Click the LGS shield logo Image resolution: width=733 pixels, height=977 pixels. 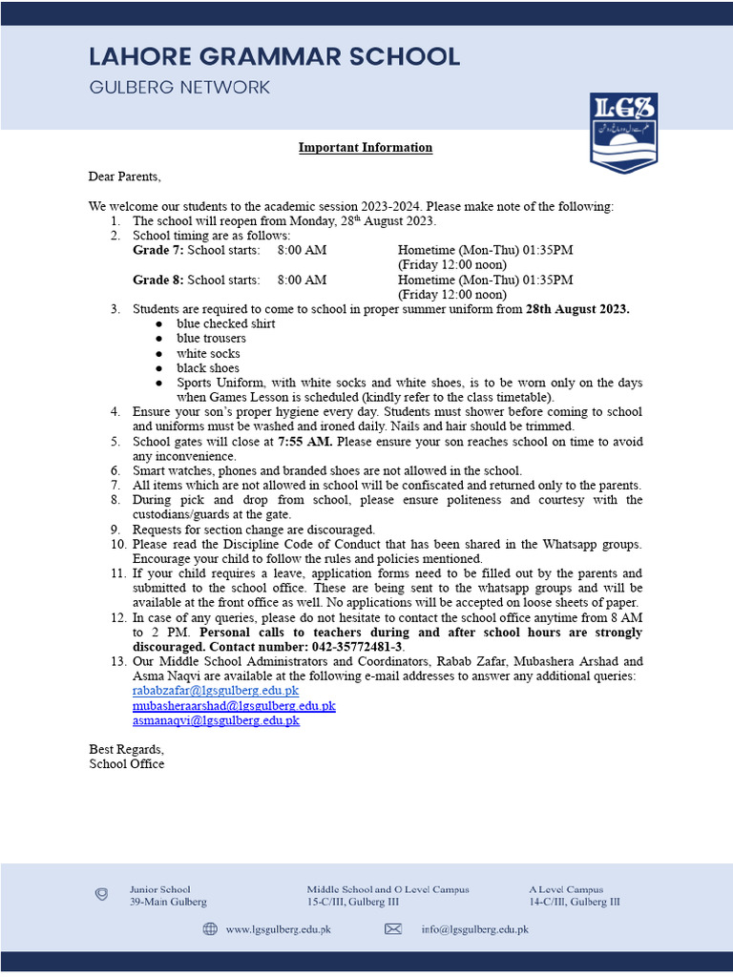[623, 133]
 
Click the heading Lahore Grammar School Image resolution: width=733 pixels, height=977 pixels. [275, 56]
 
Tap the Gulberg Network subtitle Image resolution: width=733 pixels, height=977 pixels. [179, 88]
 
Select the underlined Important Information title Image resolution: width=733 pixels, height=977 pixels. [366, 148]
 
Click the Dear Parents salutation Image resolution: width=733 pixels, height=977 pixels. [125, 177]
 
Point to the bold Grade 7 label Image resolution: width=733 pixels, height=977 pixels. [157, 250]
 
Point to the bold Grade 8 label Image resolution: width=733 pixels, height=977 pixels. [157, 280]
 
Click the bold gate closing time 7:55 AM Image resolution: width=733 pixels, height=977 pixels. [305, 442]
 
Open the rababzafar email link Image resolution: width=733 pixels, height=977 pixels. [216, 691]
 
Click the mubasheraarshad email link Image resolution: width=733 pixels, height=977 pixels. [234, 706]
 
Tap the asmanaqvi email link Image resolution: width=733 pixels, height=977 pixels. [216, 720]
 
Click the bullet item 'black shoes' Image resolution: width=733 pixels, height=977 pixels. [208, 368]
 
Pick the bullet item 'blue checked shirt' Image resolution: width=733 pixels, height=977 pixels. [225, 323]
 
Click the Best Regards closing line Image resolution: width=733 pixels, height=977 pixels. [126, 749]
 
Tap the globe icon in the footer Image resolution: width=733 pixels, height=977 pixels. [210, 929]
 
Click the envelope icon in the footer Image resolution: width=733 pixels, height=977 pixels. [393, 929]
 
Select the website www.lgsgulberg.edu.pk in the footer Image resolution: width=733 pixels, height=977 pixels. [278, 929]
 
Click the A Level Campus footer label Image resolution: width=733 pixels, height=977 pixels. [566, 889]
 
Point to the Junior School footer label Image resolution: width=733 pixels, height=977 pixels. [160, 889]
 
